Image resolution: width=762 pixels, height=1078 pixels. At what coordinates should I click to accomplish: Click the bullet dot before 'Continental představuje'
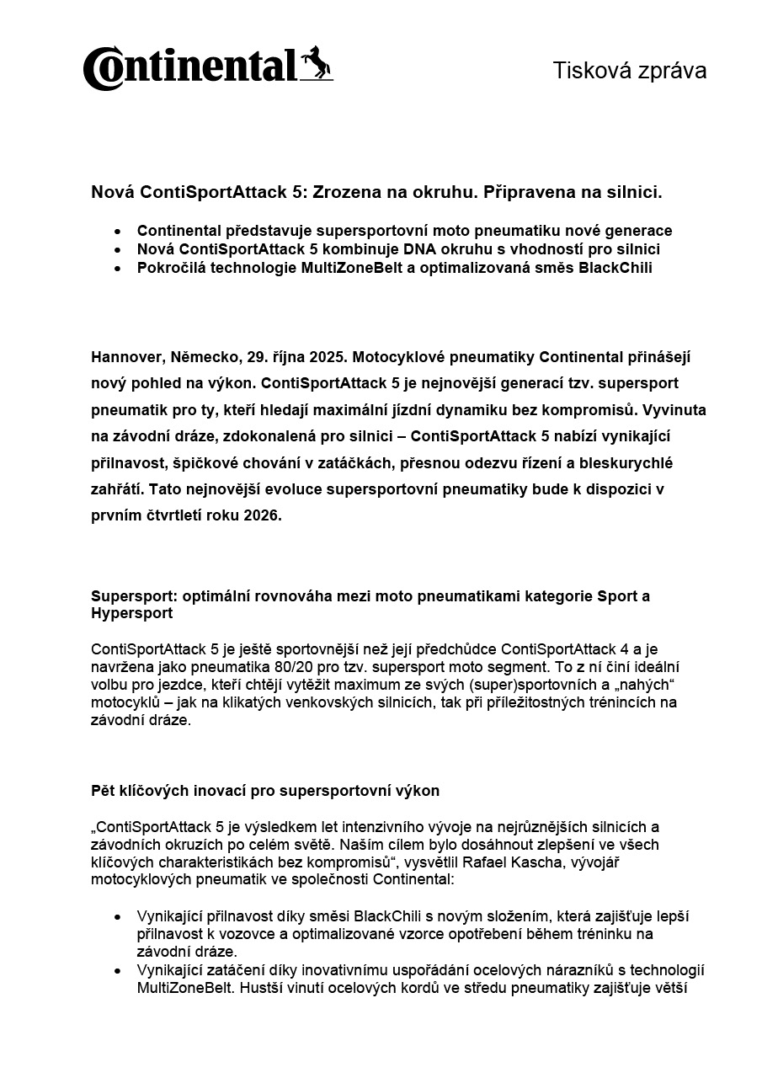[118, 231]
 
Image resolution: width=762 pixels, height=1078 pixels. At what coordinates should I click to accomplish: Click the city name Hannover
[123, 356]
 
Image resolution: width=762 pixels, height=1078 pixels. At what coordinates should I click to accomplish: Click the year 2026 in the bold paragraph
[262, 516]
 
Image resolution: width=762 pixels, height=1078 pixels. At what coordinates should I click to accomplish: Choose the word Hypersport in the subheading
[131, 613]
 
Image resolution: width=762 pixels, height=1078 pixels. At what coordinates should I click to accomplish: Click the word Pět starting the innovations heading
[104, 791]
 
